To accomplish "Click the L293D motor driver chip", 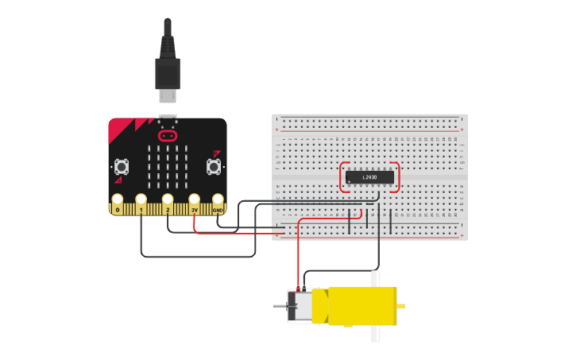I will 369,177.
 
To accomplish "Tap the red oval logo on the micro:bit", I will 167,135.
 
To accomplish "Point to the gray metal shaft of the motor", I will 279,306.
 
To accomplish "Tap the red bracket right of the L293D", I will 396,177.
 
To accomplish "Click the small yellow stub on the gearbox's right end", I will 401,306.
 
